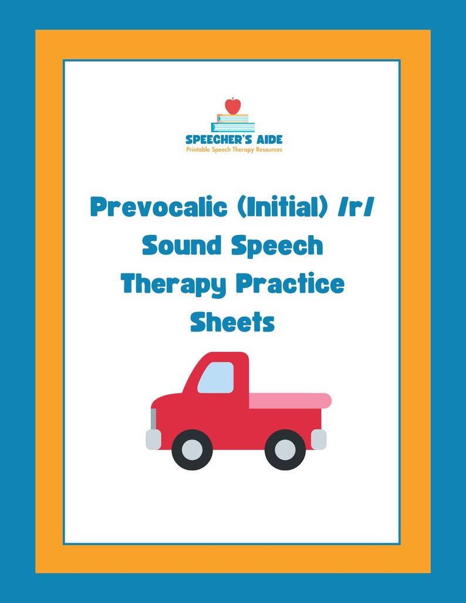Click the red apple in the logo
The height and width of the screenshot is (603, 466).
pyautogui.click(x=233, y=106)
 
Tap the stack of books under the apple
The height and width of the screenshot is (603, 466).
pyautogui.click(x=233, y=123)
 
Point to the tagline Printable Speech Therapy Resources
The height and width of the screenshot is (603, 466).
pyautogui.click(x=234, y=150)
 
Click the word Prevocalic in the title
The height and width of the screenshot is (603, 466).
pyautogui.click(x=157, y=208)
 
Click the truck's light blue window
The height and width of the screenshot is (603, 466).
pyautogui.click(x=215, y=377)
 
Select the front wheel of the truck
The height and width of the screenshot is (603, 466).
pyautogui.click(x=192, y=450)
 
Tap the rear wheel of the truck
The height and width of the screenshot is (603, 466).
pyautogui.click(x=285, y=450)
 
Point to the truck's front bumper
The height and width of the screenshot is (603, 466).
pyautogui.click(x=153, y=439)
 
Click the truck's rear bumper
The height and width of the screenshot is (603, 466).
pyautogui.click(x=319, y=439)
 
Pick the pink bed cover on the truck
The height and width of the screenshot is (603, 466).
pyautogui.click(x=290, y=401)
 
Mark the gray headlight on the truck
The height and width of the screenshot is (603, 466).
pyautogui.click(x=154, y=418)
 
